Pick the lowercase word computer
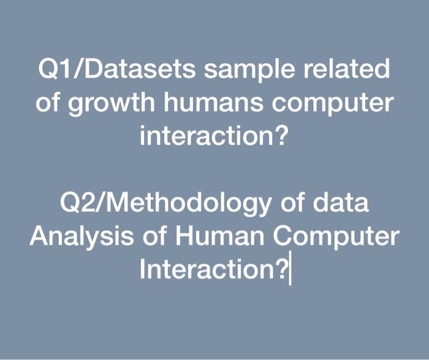[x=338, y=103]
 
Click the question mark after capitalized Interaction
[x=283, y=268]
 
